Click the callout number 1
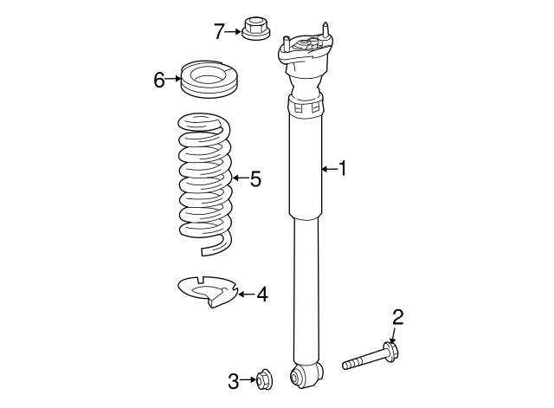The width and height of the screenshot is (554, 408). [343, 169]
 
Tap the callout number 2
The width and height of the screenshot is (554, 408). [397, 318]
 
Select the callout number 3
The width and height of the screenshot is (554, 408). [233, 381]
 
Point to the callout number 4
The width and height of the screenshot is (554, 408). [261, 295]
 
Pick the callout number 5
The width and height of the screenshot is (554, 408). [255, 178]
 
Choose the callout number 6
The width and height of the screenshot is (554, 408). [159, 80]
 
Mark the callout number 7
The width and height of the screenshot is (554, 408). [219, 31]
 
